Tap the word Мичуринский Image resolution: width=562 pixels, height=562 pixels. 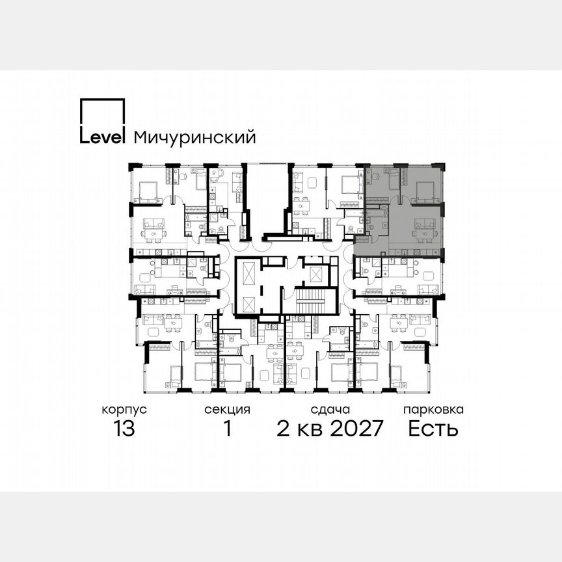194,138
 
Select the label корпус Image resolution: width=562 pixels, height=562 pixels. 124,410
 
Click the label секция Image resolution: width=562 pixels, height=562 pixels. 227,410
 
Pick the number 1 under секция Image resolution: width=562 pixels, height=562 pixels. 227,429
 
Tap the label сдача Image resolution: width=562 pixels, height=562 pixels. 330,410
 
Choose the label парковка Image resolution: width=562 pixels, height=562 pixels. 433,410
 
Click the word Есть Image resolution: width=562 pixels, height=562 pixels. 433,429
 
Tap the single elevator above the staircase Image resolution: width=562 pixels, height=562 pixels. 317,273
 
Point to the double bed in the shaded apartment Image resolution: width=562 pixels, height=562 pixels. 426,189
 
